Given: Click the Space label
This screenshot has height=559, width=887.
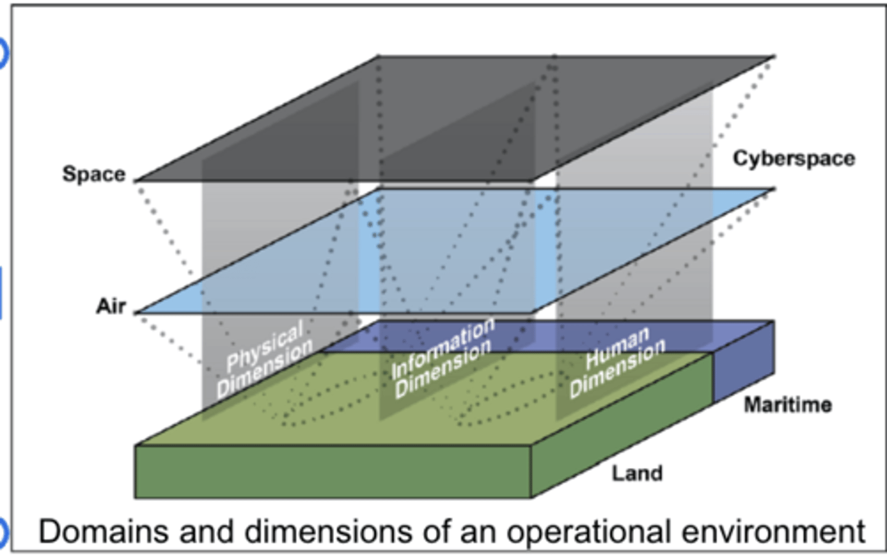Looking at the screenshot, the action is pos(94,174).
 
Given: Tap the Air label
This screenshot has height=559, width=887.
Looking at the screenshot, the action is pos(111,306).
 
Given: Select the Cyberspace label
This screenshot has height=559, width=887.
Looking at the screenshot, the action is pos(794,159).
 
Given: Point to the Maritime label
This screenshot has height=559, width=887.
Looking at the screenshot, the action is pos(788,405).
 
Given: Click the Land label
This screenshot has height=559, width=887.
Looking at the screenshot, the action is pos(637,473).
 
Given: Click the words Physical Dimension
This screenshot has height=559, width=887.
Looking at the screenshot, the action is pos(265,359).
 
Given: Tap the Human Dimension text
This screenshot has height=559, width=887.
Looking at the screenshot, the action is pos(618,362).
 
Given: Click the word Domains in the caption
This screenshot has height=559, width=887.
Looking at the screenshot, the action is pos(103,532).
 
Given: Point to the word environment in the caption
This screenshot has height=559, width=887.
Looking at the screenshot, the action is pos(774,532).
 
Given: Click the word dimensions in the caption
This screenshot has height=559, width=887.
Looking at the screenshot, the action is pos(328,532).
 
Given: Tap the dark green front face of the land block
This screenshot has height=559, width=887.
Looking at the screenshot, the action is pos(333,471).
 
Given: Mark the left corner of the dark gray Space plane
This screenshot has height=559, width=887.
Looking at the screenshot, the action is pos(136,181).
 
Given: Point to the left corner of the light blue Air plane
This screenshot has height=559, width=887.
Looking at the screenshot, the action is pos(136,313).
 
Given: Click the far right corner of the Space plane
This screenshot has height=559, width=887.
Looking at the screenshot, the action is pos(774,57).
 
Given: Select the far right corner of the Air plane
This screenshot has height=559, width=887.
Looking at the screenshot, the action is pos(774,189).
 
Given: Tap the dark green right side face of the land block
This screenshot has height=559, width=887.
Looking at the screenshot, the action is pos(622,426).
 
